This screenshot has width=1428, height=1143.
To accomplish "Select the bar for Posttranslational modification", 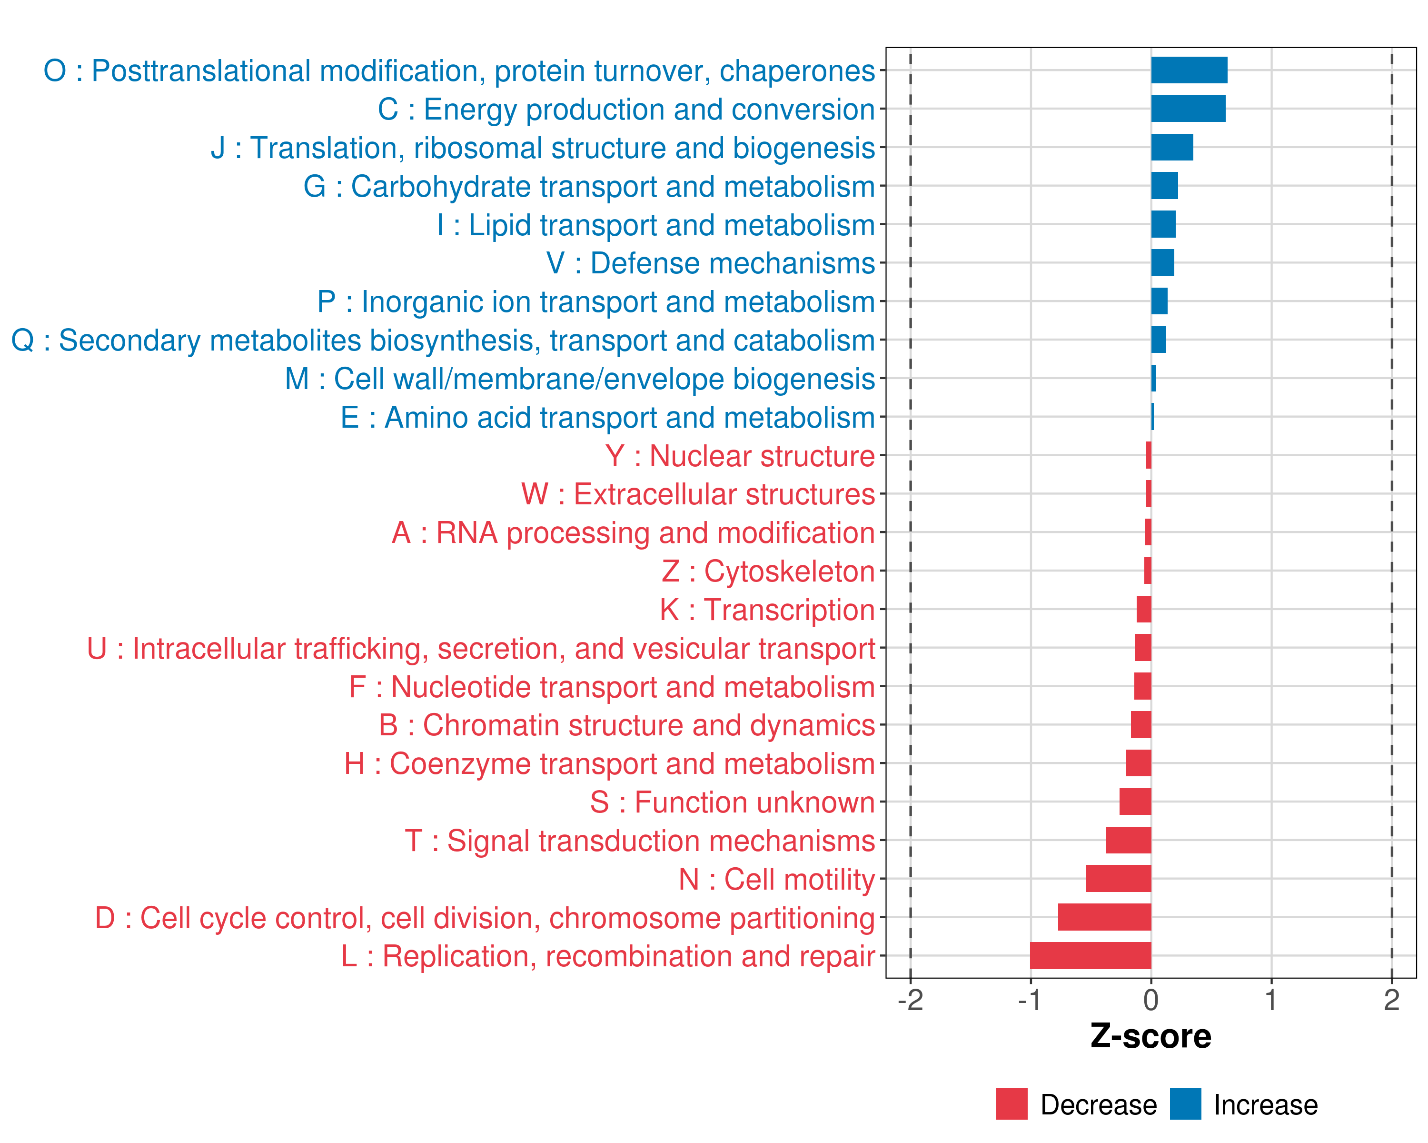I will coord(1189,70).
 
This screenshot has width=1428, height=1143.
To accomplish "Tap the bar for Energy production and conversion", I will coord(1188,109).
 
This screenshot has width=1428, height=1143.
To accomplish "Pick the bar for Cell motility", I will coord(1118,879).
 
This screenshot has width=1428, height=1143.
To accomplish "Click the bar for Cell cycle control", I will coord(1104,917).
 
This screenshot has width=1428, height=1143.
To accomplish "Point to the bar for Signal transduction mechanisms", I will coord(1128,840).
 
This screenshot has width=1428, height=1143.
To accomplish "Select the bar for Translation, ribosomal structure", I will coord(1172,147).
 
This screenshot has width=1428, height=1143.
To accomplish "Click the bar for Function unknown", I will coord(1135,802).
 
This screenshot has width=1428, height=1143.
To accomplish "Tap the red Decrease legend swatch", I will coord(1011,1104).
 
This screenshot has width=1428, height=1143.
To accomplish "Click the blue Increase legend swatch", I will coord(1185,1104).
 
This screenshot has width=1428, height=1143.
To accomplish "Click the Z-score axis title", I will coord(1150,1036).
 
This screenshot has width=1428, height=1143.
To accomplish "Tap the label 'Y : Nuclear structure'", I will coord(740,456).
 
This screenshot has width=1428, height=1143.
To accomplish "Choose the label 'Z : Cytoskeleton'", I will coord(768,571).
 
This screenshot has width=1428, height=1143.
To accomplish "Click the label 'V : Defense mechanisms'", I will coord(710,263).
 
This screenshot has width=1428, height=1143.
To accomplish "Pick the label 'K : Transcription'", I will coord(767,610).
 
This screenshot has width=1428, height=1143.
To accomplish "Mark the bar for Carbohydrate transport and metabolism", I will coord(1164,186).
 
